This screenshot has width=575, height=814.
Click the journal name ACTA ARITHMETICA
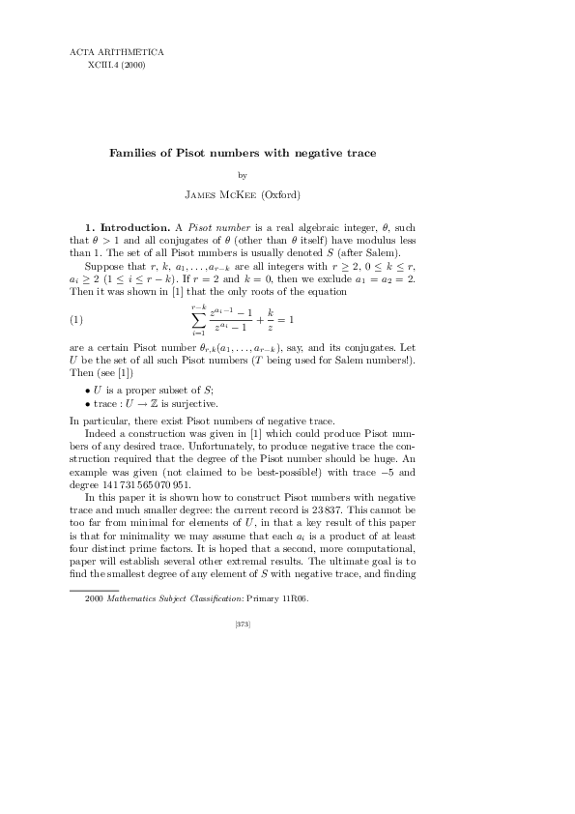[117, 51]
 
